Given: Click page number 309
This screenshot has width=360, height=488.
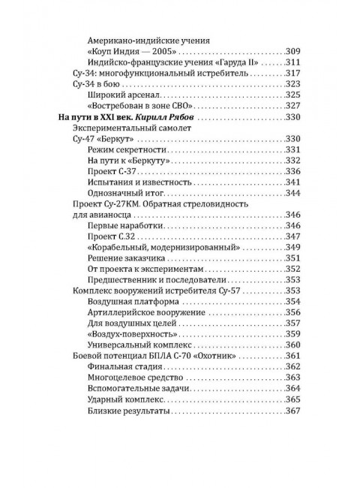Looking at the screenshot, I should tap(292, 50).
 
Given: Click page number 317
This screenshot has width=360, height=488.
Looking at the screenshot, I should tap(292, 72).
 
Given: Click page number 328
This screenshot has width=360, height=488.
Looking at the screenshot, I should tap(292, 106).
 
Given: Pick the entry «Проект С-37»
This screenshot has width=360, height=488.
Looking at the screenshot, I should tap(112, 172).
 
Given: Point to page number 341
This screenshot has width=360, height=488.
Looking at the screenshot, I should tap(292, 183).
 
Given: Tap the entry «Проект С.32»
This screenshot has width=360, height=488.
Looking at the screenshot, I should tap(112, 236).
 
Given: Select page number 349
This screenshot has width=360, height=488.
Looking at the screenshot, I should tap(292, 248).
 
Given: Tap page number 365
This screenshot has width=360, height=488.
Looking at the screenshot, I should tap(292, 400).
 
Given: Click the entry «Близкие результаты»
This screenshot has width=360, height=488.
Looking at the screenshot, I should tap(128, 411).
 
